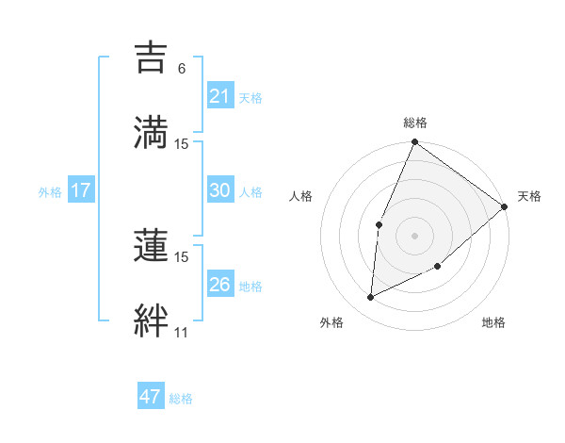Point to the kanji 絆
151,319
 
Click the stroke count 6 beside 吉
182,69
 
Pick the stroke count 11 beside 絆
181,333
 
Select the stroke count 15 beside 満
182,143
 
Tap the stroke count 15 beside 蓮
182,256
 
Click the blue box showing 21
219,96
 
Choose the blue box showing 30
219,190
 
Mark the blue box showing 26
219,285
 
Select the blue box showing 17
80,190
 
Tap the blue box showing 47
150,397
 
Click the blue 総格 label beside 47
181,399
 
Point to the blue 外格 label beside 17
50,191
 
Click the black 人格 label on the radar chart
301,196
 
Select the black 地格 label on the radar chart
493,323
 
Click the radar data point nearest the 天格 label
505,207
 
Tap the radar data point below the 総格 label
414,143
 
